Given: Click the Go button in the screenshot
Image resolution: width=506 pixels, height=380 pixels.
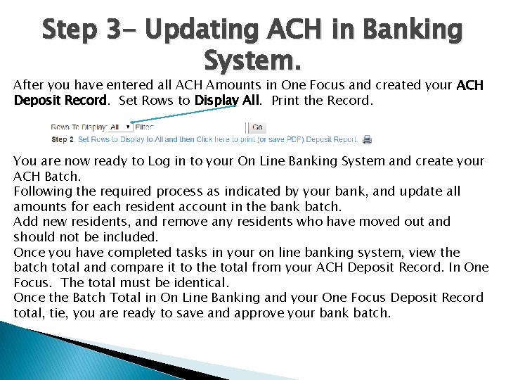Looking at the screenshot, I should click(257, 127).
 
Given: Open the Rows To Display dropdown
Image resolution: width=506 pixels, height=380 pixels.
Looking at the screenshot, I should click(121, 127).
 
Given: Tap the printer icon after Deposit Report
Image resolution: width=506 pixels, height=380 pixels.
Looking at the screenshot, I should click(367, 140).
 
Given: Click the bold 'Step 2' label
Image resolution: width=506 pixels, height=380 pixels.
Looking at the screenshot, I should click(63, 140).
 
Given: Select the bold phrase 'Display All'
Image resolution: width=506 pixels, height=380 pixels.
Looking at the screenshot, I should click(227, 100).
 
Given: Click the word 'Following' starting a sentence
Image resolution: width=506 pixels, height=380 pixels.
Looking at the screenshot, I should click(43, 191).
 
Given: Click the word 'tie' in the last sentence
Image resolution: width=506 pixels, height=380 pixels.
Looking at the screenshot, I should click(43, 312).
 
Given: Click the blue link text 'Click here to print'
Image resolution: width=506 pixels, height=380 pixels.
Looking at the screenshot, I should click(227, 140).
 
